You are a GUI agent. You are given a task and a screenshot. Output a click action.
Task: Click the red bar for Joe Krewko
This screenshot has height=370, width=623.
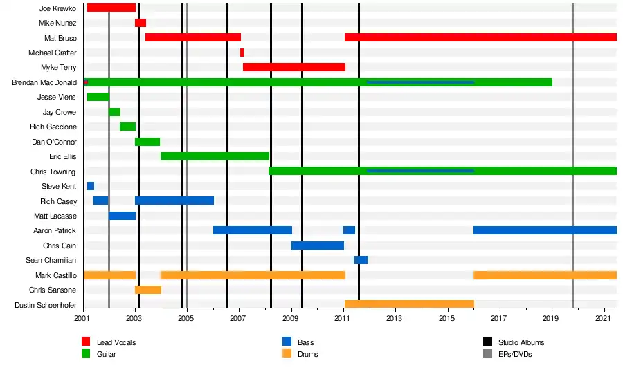coord(111,8)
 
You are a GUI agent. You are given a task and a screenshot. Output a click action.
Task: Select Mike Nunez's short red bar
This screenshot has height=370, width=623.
coord(141,23)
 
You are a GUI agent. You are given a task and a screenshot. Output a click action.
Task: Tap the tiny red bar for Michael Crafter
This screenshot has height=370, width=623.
coord(242,53)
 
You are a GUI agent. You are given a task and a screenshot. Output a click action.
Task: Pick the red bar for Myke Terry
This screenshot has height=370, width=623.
coord(294,67)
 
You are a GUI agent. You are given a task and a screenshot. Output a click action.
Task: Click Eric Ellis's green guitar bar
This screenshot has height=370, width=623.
coord(215,156)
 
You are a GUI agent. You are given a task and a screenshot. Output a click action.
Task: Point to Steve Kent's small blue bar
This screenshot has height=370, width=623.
coord(91,186)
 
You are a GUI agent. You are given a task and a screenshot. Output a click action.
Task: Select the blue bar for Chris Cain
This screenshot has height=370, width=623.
coord(318,246)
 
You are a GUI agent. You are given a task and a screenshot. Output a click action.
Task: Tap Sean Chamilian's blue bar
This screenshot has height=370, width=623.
coord(361,260)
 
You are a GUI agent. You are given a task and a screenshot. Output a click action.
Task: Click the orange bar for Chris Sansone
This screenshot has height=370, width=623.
coord(148,290)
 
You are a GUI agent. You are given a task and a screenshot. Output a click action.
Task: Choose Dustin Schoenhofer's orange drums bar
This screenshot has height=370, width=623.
coord(409,304)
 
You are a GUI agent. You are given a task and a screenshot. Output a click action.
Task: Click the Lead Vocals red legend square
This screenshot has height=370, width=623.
coord(87,342)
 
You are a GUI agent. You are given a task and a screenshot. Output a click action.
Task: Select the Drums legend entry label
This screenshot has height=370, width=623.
coord(308,354)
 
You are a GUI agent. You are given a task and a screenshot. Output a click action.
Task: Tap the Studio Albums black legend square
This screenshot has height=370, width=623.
coord(487,342)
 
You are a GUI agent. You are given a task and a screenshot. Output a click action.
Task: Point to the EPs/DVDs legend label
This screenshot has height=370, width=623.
coord(515,354)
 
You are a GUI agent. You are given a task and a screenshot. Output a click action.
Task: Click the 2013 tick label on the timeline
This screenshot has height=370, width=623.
coord(395,319)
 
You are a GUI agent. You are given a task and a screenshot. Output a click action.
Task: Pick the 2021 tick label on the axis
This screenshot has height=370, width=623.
coord(603,319)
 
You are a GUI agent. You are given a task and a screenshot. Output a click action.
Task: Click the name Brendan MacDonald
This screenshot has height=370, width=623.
coord(44,82)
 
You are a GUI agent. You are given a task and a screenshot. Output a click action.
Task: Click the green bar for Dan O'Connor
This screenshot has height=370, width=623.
coord(147,142)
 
